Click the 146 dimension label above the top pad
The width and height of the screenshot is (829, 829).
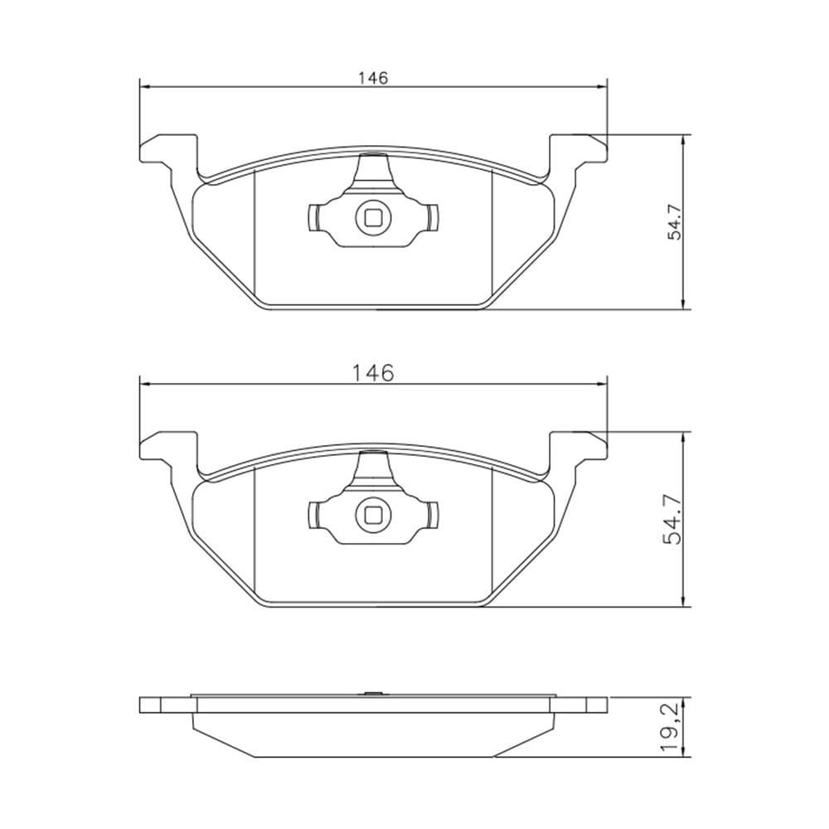tap(373, 78)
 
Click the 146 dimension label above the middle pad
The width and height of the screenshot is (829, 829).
tap(374, 374)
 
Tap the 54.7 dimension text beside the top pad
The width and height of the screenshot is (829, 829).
tap(676, 222)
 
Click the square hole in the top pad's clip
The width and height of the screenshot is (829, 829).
tap(373, 217)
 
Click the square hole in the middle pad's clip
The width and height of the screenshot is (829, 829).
tap(373, 515)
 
